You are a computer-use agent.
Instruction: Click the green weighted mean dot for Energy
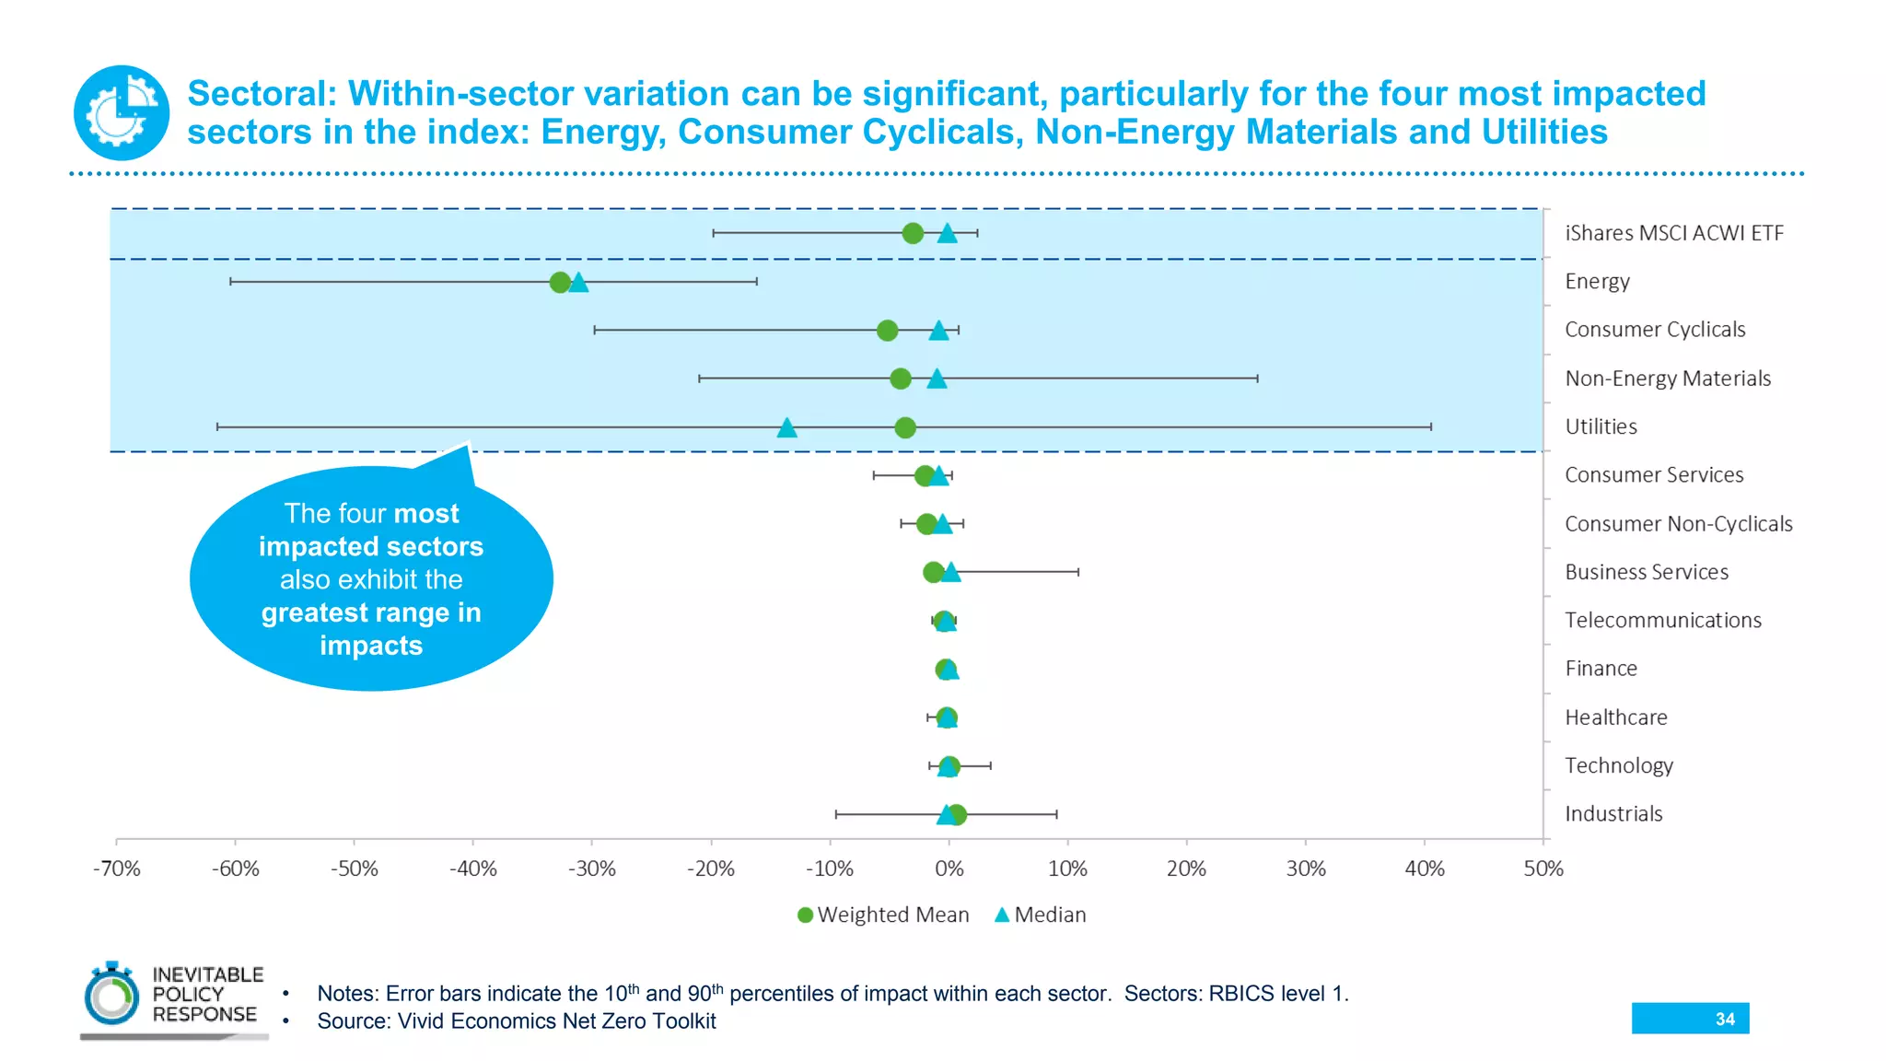click(560, 282)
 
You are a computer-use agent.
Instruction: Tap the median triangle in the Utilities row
click(786, 427)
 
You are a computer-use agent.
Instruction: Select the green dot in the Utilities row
click(905, 427)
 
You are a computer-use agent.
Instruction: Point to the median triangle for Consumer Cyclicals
click(938, 331)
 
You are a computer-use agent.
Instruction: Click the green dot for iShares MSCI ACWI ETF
click(913, 233)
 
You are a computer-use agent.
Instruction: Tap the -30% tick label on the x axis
click(591, 869)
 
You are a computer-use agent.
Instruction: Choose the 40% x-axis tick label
click(1424, 869)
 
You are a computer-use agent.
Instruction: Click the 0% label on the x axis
click(949, 869)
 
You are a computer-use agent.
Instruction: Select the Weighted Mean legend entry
click(883, 915)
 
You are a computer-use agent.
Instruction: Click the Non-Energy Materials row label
click(1667, 379)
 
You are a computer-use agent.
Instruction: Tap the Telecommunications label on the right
click(1662, 621)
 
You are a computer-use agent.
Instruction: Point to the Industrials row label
click(1613, 814)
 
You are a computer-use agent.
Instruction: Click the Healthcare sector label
click(1615, 717)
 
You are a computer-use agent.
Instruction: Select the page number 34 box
click(1690, 1019)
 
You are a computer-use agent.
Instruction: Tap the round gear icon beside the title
click(122, 112)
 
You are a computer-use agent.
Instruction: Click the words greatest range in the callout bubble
click(371, 613)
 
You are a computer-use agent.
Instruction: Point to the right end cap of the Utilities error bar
click(1431, 427)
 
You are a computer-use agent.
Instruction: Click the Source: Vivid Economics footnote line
click(516, 1021)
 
